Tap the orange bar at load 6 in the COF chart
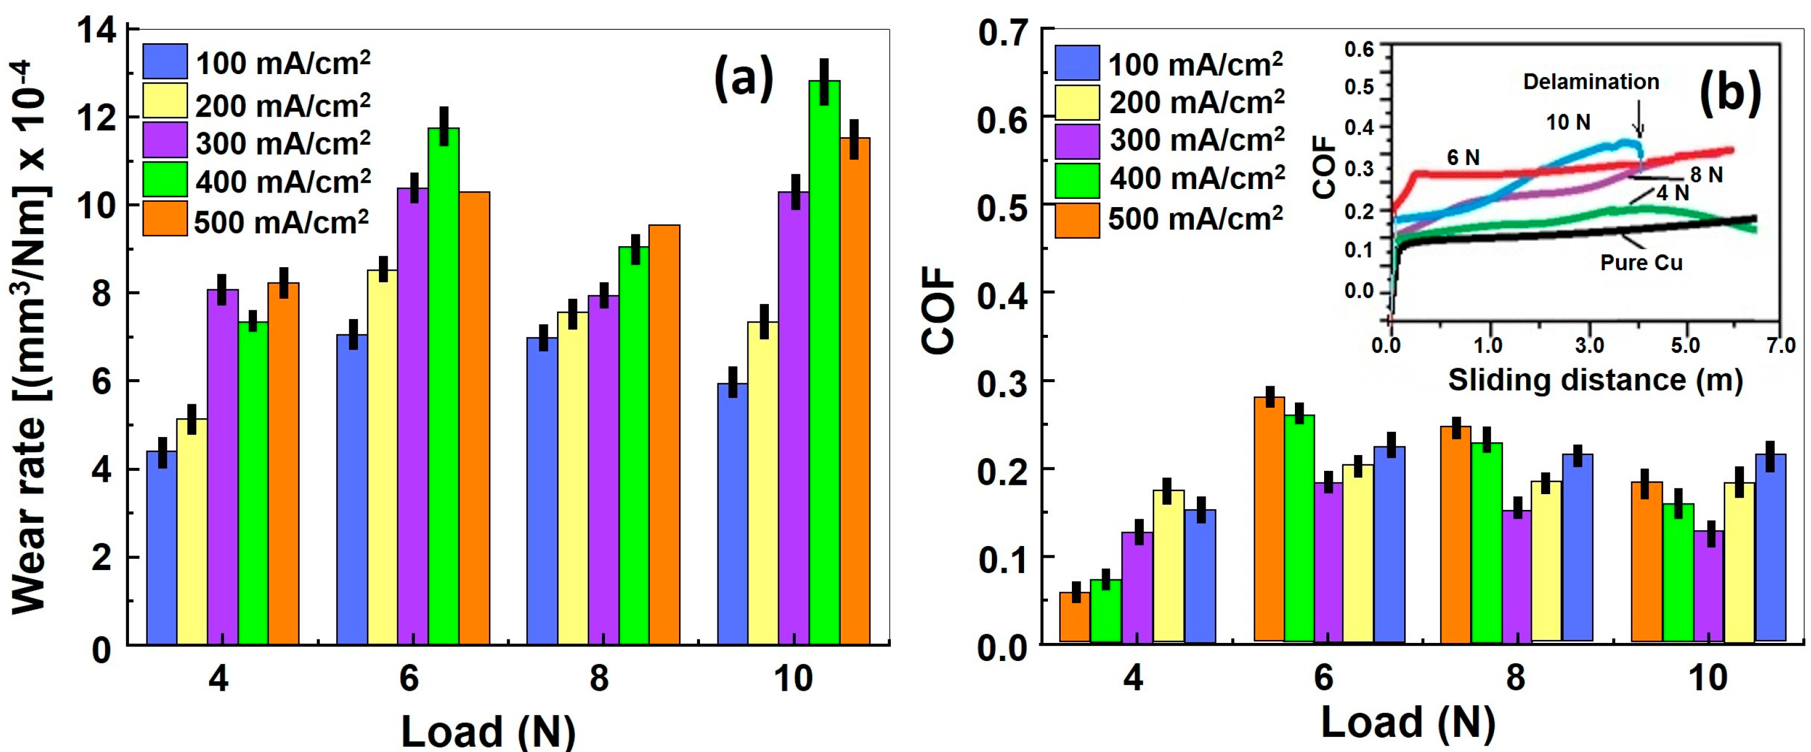[x=1269, y=520]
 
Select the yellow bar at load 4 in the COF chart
[x=1168, y=566]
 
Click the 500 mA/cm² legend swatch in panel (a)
[x=165, y=219]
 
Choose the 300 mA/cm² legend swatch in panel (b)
[x=1077, y=141]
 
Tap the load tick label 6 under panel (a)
[x=409, y=679]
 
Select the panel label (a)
[x=743, y=79]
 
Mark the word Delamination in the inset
[x=1590, y=82]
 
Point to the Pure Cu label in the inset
[x=1641, y=263]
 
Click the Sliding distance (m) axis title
[x=1594, y=380]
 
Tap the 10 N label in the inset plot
[x=1568, y=123]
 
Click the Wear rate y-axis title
[x=30, y=337]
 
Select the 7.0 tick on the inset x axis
[x=1780, y=346]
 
